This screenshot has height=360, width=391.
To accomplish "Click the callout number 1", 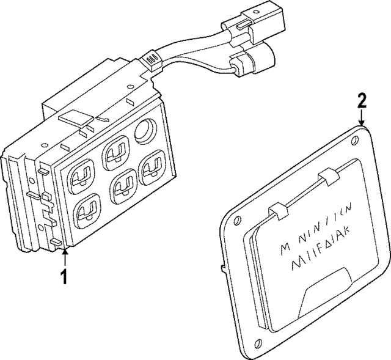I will tap(63, 277).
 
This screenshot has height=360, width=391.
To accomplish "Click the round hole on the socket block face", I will tap(147, 130).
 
